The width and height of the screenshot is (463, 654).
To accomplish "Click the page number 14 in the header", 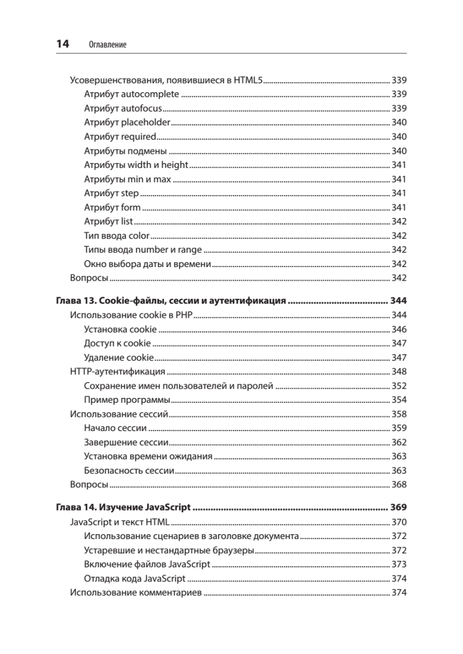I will point(62,44).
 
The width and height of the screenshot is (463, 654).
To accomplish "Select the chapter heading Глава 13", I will point(171,300).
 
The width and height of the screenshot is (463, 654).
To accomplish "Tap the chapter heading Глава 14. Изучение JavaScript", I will point(123,507).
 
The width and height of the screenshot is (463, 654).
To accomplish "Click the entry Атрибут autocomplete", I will point(131,94).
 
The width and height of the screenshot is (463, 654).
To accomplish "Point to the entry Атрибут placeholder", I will point(128,123).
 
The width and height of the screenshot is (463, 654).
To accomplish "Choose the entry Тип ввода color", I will point(117,236).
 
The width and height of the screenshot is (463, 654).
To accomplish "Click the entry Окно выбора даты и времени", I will point(147,264).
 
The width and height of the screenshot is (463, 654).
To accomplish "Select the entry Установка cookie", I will point(121,329).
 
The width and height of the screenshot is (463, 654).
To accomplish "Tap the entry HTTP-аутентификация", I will point(118,372).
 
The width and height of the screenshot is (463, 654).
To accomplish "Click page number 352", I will point(399,386).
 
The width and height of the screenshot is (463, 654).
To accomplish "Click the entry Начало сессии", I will point(116,428).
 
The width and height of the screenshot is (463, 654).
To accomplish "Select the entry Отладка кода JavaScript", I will point(135,579).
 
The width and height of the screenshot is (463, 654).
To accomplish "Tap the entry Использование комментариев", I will point(136,593).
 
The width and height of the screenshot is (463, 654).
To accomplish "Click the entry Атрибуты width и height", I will point(136,165).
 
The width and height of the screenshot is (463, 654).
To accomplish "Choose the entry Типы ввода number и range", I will point(143,250).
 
